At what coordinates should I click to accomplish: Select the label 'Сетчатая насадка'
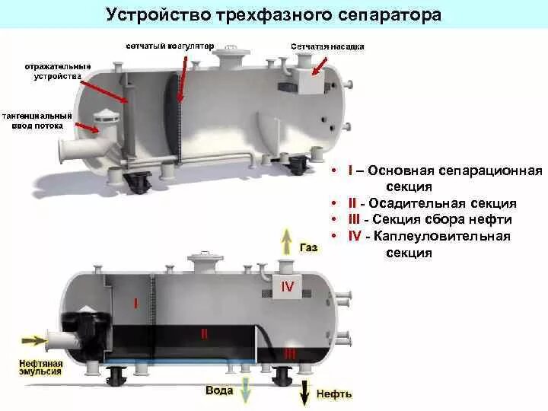pos(327,46)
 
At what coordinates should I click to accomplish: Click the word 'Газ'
pos(309,248)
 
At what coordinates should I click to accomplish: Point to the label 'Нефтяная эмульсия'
pos(40,369)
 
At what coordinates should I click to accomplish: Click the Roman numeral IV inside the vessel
pos(288,286)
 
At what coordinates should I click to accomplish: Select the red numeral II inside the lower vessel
pos(204,333)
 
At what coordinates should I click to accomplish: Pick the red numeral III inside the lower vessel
pos(290,354)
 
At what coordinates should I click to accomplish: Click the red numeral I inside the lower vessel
pos(135,303)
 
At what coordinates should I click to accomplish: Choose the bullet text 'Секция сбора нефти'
pos(444,220)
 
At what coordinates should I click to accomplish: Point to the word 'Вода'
pos(219,390)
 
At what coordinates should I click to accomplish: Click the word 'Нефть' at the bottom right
pos(336,393)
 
